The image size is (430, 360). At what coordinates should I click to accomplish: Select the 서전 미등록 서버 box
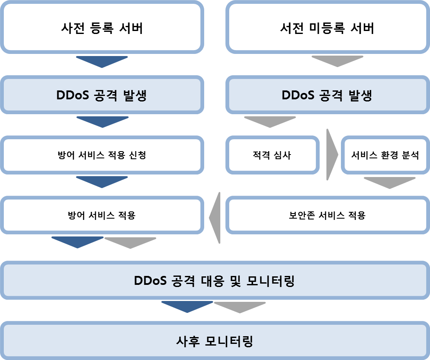click(x=327, y=28)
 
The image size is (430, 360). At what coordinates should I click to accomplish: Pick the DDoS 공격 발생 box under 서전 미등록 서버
click(x=327, y=95)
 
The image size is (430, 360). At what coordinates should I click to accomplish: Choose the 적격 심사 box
click(x=272, y=155)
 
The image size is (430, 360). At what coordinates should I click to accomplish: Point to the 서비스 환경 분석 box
click(x=385, y=155)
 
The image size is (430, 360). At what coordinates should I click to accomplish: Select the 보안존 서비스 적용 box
click(x=327, y=215)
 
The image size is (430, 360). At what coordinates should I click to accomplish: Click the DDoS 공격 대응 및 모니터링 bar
click(x=214, y=281)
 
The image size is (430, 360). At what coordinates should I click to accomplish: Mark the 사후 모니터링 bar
click(x=214, y=341)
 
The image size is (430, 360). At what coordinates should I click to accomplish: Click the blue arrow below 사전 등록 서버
click(x=101, y=61)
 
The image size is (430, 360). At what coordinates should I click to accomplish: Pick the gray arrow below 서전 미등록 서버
click(x=337, y=61)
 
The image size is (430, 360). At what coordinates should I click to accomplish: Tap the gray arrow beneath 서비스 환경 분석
click(x=389, y=182)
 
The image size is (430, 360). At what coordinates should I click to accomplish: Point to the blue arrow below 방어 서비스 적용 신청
click(x=101, y=182)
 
